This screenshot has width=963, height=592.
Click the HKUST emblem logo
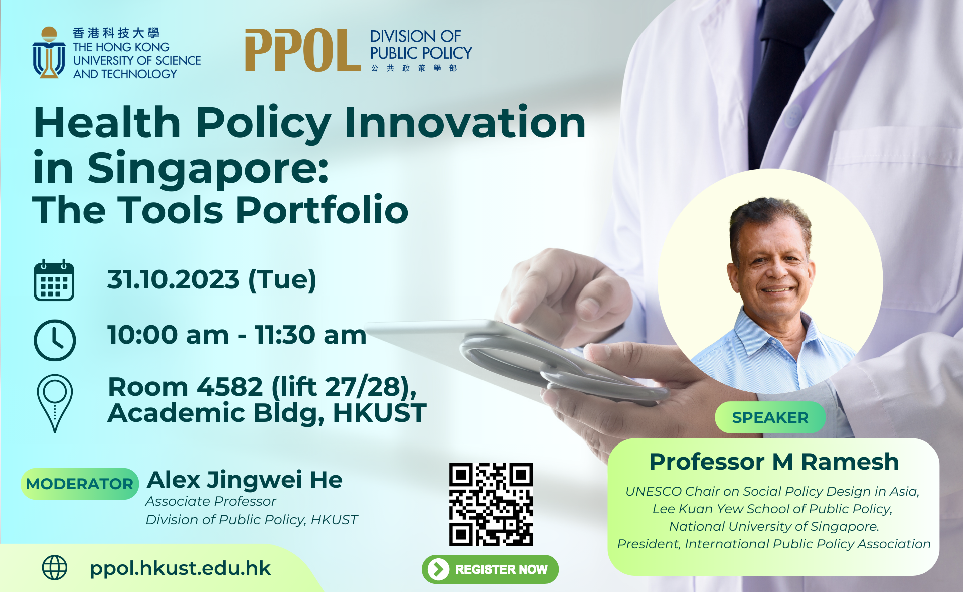(49, 53)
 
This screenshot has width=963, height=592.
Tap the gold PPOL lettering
(302, 50)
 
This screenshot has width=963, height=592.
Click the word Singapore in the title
(208, 168)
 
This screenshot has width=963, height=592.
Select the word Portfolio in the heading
(322, 210)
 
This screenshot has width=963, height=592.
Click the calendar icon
(54, 280)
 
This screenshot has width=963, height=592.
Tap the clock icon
(55, 340)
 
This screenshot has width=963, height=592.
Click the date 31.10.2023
(173, 279)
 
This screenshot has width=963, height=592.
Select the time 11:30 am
(310, 335)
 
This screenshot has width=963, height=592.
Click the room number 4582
(230, 387)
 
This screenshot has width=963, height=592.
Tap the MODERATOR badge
(80, 484)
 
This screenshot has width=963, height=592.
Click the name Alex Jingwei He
(245, 480)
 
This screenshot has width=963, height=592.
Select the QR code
(491, 504)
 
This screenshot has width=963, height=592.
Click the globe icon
(54, 568)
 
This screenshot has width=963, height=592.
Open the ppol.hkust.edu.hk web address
(180, 568)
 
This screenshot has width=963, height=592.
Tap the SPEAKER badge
(770, 417)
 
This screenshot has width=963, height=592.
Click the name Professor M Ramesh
(773, 462)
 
